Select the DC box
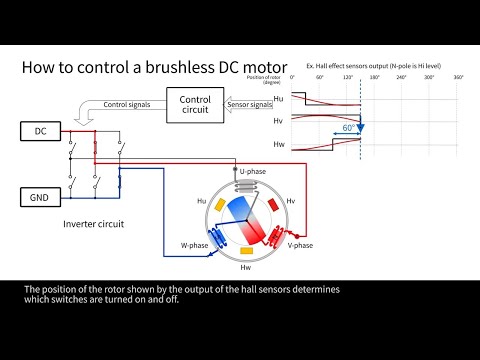[x=41, y=132]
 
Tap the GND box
[x=41, y=197]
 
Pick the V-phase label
[x=300, y=246]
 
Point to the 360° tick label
[x=458, y=77]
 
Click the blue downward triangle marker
[x=361, y=128]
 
